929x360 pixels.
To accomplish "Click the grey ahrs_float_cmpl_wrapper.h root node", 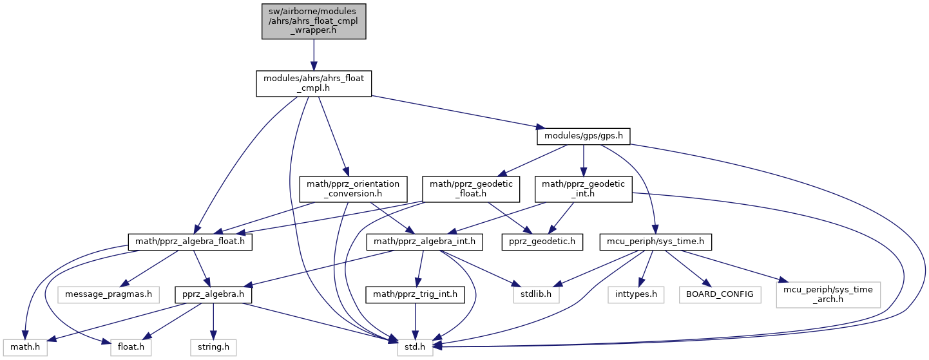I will [314, 21].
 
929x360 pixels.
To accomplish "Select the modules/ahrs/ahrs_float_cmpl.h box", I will [314, 84].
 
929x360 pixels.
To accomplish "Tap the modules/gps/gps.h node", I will [583, 137].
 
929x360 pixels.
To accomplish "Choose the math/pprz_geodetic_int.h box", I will [583, 189].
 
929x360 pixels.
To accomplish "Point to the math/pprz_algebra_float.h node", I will [191, 242].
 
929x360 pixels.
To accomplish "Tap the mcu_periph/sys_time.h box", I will [655, 242].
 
